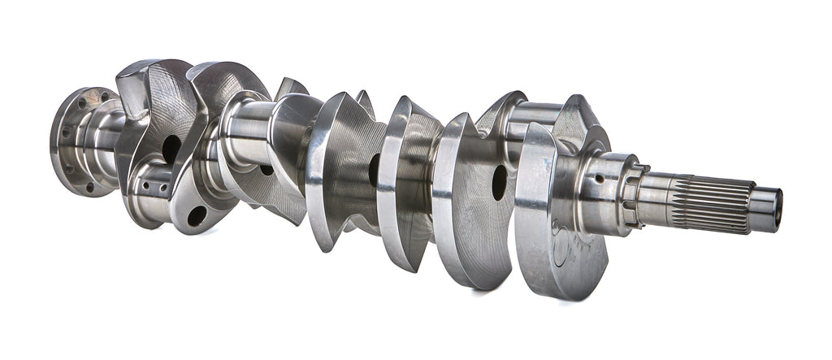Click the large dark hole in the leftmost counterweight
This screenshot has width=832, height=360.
tap(171, 149)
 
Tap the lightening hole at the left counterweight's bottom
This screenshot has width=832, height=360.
tap(197, 215)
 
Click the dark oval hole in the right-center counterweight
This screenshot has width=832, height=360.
tap(499, 182)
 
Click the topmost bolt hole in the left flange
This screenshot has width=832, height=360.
tap(105, 97)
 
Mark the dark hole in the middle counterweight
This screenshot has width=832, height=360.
tap(374, 170)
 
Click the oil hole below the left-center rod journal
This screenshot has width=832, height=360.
tap(266, 170)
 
